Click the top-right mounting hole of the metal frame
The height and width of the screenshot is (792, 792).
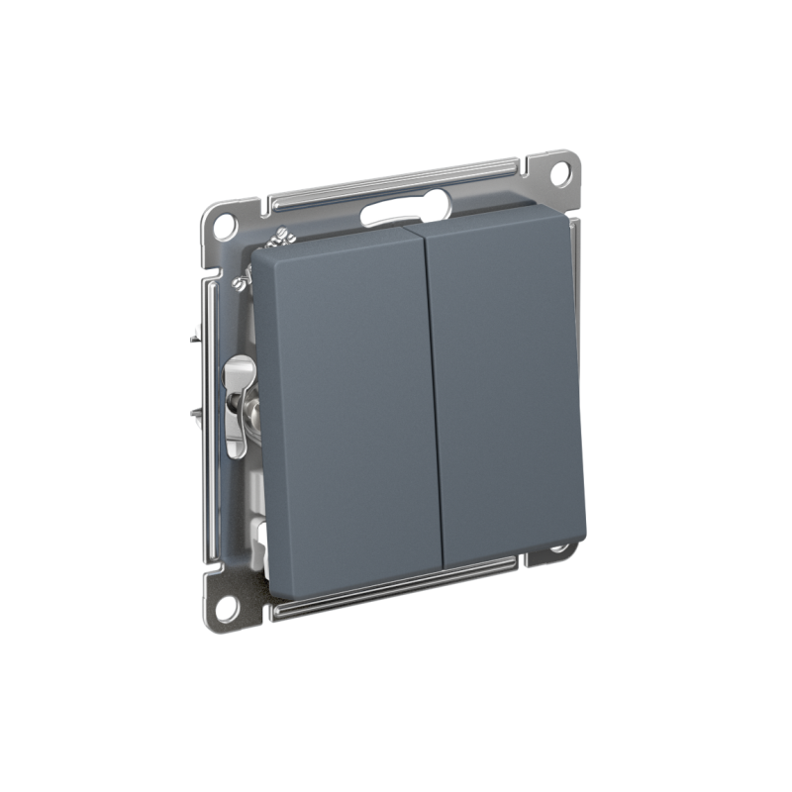(x=560, y=169)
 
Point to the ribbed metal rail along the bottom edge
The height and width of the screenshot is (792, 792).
(x=396, y=589)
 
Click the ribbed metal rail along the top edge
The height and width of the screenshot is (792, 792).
(x=396, y=178)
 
